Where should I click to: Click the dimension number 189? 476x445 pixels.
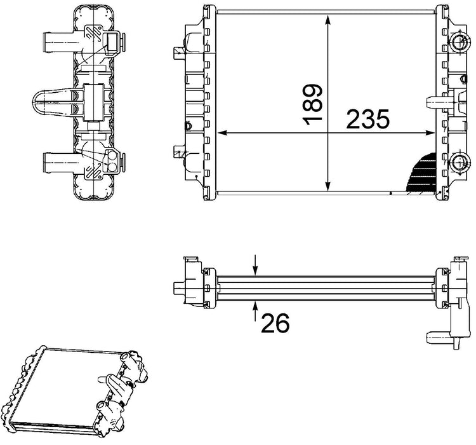(312, 105)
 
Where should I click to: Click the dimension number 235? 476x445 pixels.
(367, 120)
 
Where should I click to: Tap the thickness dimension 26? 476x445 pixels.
(275, 323)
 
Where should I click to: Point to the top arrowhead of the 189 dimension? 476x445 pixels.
(327, 21)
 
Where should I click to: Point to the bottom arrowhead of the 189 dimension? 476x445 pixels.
(327, 186)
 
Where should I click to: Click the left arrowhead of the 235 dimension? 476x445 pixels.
(223, 133)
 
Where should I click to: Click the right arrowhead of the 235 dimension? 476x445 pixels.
(429, 133)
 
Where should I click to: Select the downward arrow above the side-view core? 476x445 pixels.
(255, 265)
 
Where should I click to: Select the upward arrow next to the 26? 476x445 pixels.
(255, 311)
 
